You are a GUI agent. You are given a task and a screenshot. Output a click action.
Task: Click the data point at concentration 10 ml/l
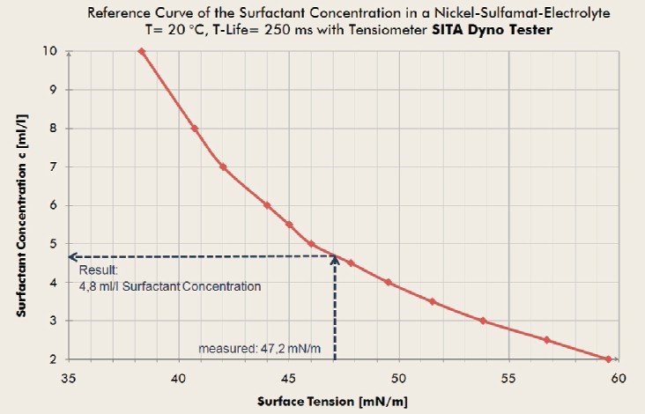pos(141,51)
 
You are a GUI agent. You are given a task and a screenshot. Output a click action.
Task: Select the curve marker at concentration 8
pos(195,129)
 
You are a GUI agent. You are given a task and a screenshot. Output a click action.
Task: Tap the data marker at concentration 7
pos(223,166)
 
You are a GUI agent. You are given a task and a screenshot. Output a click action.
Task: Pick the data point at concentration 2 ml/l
pos(609,359)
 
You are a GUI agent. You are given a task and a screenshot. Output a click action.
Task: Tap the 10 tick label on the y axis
pos(53,51)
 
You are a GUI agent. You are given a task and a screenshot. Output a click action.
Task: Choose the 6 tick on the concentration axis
pos(56,205)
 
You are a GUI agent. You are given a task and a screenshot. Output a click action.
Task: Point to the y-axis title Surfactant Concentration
pos(22,204)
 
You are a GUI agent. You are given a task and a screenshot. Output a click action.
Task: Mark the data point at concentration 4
pos(388,282)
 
